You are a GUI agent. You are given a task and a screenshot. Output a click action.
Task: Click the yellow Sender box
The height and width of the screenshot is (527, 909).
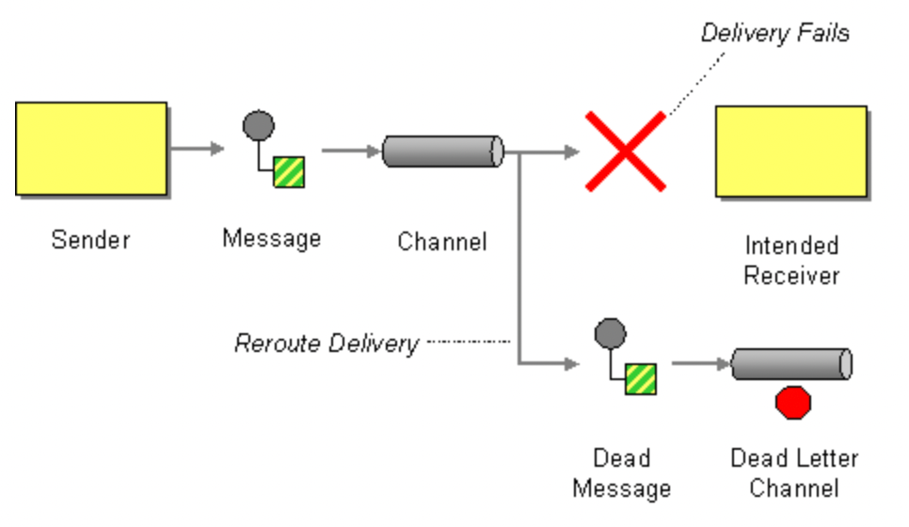pos(91,149)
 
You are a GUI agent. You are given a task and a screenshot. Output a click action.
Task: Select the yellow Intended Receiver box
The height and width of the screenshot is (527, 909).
pos(790,152)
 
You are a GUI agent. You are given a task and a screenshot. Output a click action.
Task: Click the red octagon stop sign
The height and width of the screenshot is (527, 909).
pos(792,402)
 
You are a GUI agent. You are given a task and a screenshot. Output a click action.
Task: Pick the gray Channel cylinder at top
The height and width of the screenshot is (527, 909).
pos(442,151)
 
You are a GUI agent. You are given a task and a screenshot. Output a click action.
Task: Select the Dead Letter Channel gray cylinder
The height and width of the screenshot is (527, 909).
pos(791,364)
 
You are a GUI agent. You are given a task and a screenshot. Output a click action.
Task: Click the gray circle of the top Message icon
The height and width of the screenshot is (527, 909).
pos(259,125)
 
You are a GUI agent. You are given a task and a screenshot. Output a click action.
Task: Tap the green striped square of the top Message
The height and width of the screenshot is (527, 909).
pos(289,171)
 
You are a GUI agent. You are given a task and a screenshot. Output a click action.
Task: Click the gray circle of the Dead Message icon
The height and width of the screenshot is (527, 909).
pos(610,333)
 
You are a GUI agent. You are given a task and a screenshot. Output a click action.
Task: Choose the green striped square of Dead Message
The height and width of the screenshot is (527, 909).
pos(641,378)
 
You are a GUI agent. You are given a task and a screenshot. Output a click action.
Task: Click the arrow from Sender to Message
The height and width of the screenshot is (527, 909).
pos(197,149)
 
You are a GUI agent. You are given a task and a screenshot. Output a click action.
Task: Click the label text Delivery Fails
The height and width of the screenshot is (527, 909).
pos(774,34)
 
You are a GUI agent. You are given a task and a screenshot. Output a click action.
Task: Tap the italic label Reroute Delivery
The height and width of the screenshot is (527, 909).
pos(326,343)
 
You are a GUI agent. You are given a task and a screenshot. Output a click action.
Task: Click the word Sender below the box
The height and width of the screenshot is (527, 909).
pos(90,239)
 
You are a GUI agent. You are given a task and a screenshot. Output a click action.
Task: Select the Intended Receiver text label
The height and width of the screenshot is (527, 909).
pos(791,261)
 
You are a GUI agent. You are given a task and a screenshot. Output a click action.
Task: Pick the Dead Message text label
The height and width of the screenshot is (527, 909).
pos(621,473)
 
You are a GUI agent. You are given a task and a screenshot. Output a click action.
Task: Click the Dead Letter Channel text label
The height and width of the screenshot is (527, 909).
pos(794,473)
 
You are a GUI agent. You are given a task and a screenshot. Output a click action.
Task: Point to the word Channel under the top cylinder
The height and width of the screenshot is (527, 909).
pos(442,242)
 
